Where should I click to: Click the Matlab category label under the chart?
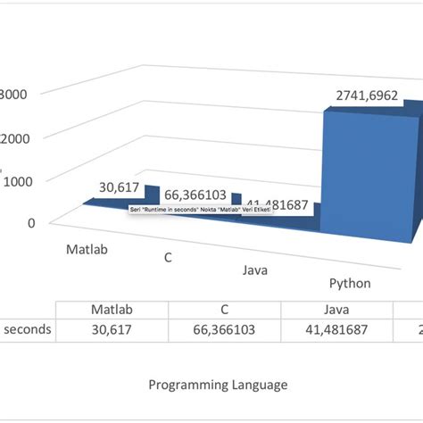point(87,249)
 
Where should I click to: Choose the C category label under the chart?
point(167,257)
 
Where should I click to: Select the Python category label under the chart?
point(350,283)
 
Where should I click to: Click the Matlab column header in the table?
point(112,310)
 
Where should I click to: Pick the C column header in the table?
point(225,310)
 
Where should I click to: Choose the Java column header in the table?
point(336,310)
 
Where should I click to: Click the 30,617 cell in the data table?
point(112,329)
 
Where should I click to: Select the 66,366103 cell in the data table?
point(225,329)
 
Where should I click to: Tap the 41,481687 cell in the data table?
point(336,329)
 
